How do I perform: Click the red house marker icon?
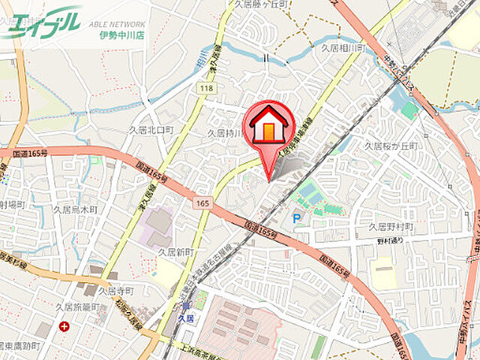[x=269, y=126]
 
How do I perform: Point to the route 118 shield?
[x=206, y=89]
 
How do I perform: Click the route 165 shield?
[x=203, y=203]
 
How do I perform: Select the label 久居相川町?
[x=342, y=47]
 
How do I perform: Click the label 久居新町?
[x=175, y=252]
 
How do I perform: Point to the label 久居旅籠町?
[x=76, y=307]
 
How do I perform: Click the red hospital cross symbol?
[x=64, y=326]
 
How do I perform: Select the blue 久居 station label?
[x=186, y=319]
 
